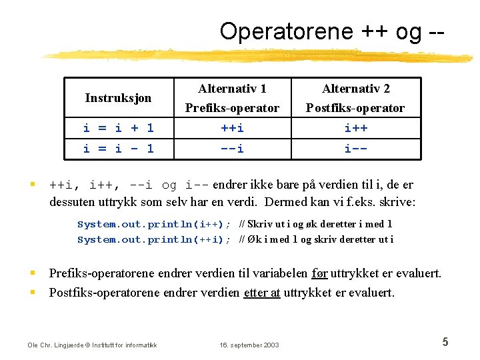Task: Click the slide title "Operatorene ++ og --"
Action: click(331, 31)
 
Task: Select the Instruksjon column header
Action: click(118, 98)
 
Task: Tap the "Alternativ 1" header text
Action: click(232, 88)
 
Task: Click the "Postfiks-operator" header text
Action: click(355, 107)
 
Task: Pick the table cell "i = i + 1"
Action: click(118, 128)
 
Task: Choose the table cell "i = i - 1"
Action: click(118, 149)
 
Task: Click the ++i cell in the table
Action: click(232, 128)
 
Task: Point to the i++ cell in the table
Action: click(356, 128)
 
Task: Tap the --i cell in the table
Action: click(232, 149)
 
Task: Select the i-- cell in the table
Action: click(356, 149)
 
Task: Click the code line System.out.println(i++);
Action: click(154, 225)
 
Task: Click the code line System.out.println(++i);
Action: click(154, 239)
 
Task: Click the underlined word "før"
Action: click(319, 273)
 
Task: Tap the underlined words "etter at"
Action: click(262, 293)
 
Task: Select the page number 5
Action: click(445, 343)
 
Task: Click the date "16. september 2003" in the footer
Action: click(250, 345)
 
